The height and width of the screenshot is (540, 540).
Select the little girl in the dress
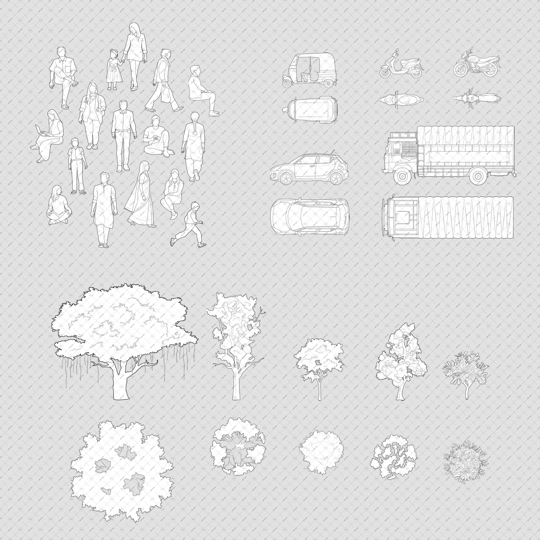(x=113, y=70)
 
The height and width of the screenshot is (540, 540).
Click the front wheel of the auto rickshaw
(x=287, y=83)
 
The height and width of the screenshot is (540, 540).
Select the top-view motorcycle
(x=477, y=98)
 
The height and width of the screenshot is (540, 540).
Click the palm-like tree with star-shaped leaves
(x=465, y=369)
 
